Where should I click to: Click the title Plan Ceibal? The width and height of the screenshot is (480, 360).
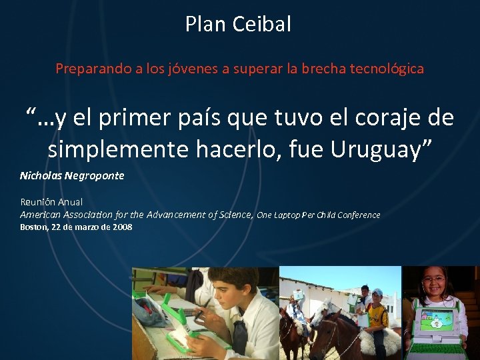click(x=239, y=25)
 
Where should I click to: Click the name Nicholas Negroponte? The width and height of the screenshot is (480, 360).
click(x=72, y=176)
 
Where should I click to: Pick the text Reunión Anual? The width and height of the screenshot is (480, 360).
click(x=51, y=202)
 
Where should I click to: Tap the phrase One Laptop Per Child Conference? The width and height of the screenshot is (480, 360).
click(x=319, y=215)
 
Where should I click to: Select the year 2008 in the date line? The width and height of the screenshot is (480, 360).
click(x=122, y=227)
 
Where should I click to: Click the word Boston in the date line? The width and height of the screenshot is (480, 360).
click(x=33, y=227)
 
